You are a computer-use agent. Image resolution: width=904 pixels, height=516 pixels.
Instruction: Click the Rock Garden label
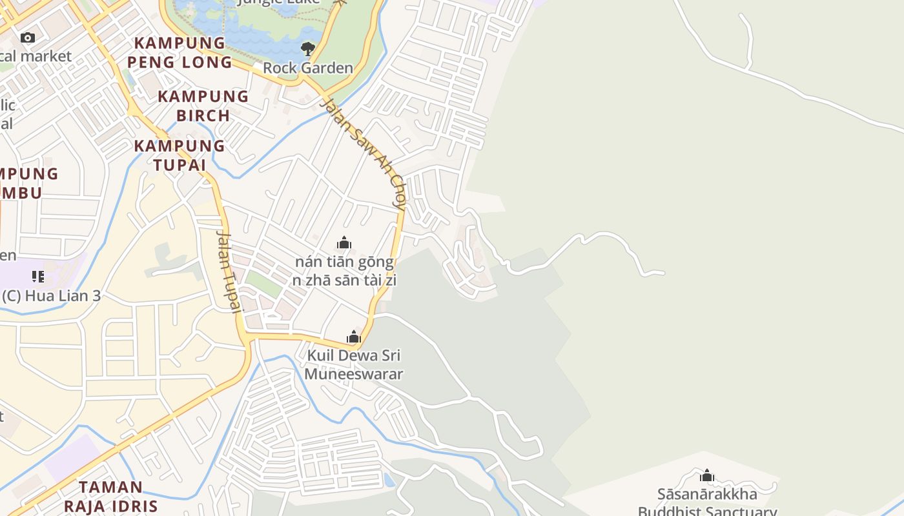pos(308,68)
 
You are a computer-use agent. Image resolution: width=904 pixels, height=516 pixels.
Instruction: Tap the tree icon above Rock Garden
pos(308,49)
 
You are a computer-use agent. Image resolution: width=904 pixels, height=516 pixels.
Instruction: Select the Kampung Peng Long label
pos(180,53)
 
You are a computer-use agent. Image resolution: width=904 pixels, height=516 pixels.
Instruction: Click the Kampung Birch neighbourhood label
pos(203,106)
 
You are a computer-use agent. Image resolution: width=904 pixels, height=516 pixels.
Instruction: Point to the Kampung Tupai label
pos(180,155)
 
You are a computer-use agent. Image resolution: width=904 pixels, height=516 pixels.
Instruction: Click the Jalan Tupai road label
pos(229,271)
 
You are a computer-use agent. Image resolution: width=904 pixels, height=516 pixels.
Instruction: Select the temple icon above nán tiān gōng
pos(344,243)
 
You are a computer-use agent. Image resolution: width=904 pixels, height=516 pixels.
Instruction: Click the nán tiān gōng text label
pos(344,262)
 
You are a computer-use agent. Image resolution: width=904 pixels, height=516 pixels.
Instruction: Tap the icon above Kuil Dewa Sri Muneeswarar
pos(353,337)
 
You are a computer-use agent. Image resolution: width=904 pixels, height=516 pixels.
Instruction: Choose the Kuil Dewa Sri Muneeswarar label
pos(353,364)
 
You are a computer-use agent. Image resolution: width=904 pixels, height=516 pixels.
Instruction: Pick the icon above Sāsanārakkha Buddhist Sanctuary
pos(707,476)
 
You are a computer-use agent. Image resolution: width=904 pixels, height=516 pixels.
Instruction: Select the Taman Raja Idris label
pos(118,496)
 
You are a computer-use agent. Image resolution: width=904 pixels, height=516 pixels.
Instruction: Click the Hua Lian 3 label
pos(52,296)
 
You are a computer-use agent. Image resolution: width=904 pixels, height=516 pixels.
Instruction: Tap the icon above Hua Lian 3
pos(38,277)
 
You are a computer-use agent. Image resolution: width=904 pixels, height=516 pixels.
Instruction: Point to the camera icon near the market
pos(27,38)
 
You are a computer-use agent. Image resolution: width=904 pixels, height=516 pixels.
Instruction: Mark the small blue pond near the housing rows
pos(389,480)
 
